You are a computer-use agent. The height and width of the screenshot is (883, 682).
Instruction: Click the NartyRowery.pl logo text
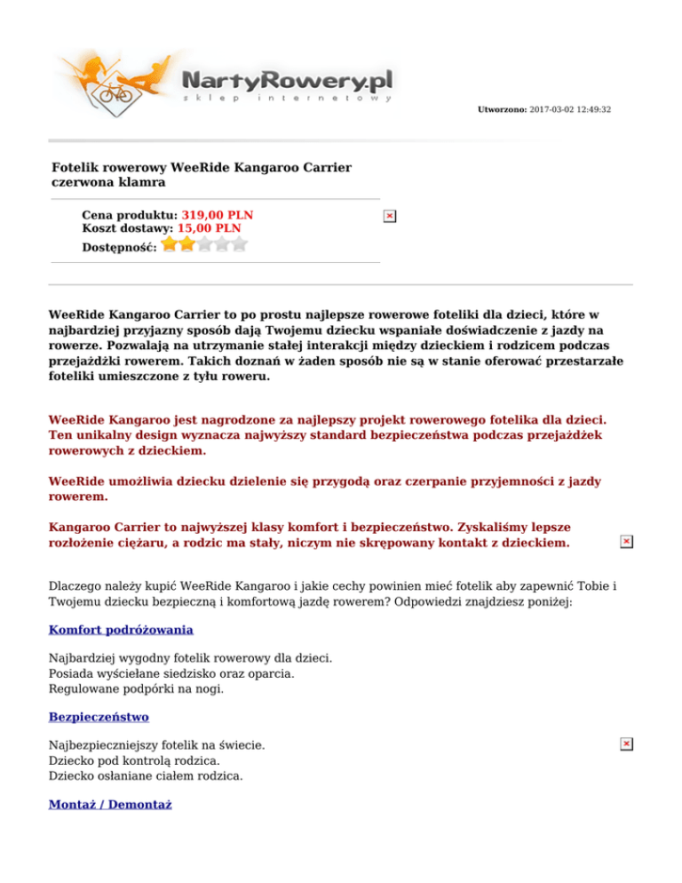click(x=287, y=81)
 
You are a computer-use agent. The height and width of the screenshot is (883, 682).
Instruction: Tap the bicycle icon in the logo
click(x=114, y=92)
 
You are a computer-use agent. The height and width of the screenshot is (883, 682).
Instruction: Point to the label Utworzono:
click(x=503, y=109)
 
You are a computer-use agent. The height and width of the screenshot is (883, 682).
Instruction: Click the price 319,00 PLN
click(x=217, y=215)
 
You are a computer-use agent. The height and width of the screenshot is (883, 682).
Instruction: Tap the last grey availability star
click(x=239, y=243)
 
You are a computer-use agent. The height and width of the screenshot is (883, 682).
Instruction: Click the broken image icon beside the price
click(x=390, y=216)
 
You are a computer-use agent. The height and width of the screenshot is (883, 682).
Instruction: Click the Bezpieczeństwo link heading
click(x=99, y=716)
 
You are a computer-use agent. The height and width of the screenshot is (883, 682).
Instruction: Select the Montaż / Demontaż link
click(x=110, y=804)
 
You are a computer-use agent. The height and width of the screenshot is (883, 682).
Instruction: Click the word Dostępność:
click(x=119, y=246)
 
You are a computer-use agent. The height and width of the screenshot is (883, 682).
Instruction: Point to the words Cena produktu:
click(x=130, y=215)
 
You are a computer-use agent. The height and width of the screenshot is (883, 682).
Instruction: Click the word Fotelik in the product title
click(x=75, y=167)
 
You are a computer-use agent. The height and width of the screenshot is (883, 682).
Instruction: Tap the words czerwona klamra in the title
click(x=108, y=182)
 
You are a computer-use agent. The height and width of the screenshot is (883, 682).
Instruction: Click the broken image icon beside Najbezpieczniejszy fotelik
click(x=626, y=744)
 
